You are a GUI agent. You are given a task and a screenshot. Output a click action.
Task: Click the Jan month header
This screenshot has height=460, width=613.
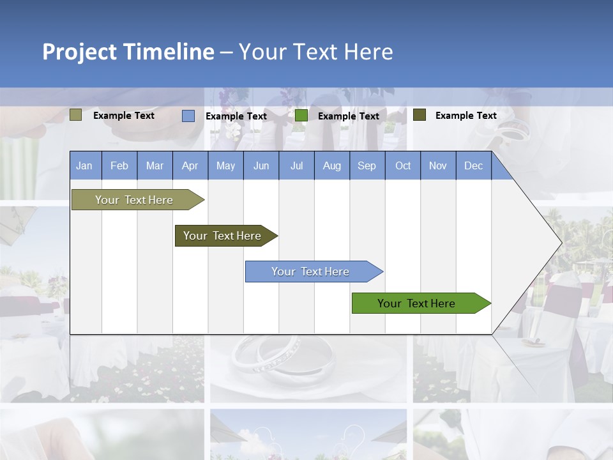(x=84, y=166)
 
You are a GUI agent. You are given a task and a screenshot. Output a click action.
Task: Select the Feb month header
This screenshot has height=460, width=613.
(x=119, y=166)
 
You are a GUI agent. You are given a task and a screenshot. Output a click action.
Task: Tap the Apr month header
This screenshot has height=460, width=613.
(x=190, y=166)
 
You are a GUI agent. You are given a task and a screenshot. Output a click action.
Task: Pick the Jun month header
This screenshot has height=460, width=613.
(x=261, y=166)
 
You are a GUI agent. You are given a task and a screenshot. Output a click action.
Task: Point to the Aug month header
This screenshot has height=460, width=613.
(x=331, y=166)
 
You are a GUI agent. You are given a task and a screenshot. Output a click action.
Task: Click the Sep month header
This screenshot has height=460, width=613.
(x=367, y=166)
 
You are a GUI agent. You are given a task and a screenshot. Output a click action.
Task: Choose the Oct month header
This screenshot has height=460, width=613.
(x=403, y=166)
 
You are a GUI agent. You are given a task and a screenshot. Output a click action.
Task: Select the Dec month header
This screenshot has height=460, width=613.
(x=473, y=166)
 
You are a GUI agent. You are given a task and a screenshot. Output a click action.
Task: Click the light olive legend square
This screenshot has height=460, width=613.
(x=76, y=115)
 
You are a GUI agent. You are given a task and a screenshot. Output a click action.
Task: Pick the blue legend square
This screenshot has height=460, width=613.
(x=188, y=116)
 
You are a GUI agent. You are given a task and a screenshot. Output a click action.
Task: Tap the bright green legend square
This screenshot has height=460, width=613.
(x=301, y=116)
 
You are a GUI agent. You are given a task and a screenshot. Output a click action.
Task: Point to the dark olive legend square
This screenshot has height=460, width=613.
(x=420, y=115)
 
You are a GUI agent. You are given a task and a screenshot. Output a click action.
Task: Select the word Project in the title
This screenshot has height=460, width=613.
(x=80, y=52)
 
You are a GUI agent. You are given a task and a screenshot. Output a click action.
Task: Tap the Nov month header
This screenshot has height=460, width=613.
(x=438, y=166)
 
